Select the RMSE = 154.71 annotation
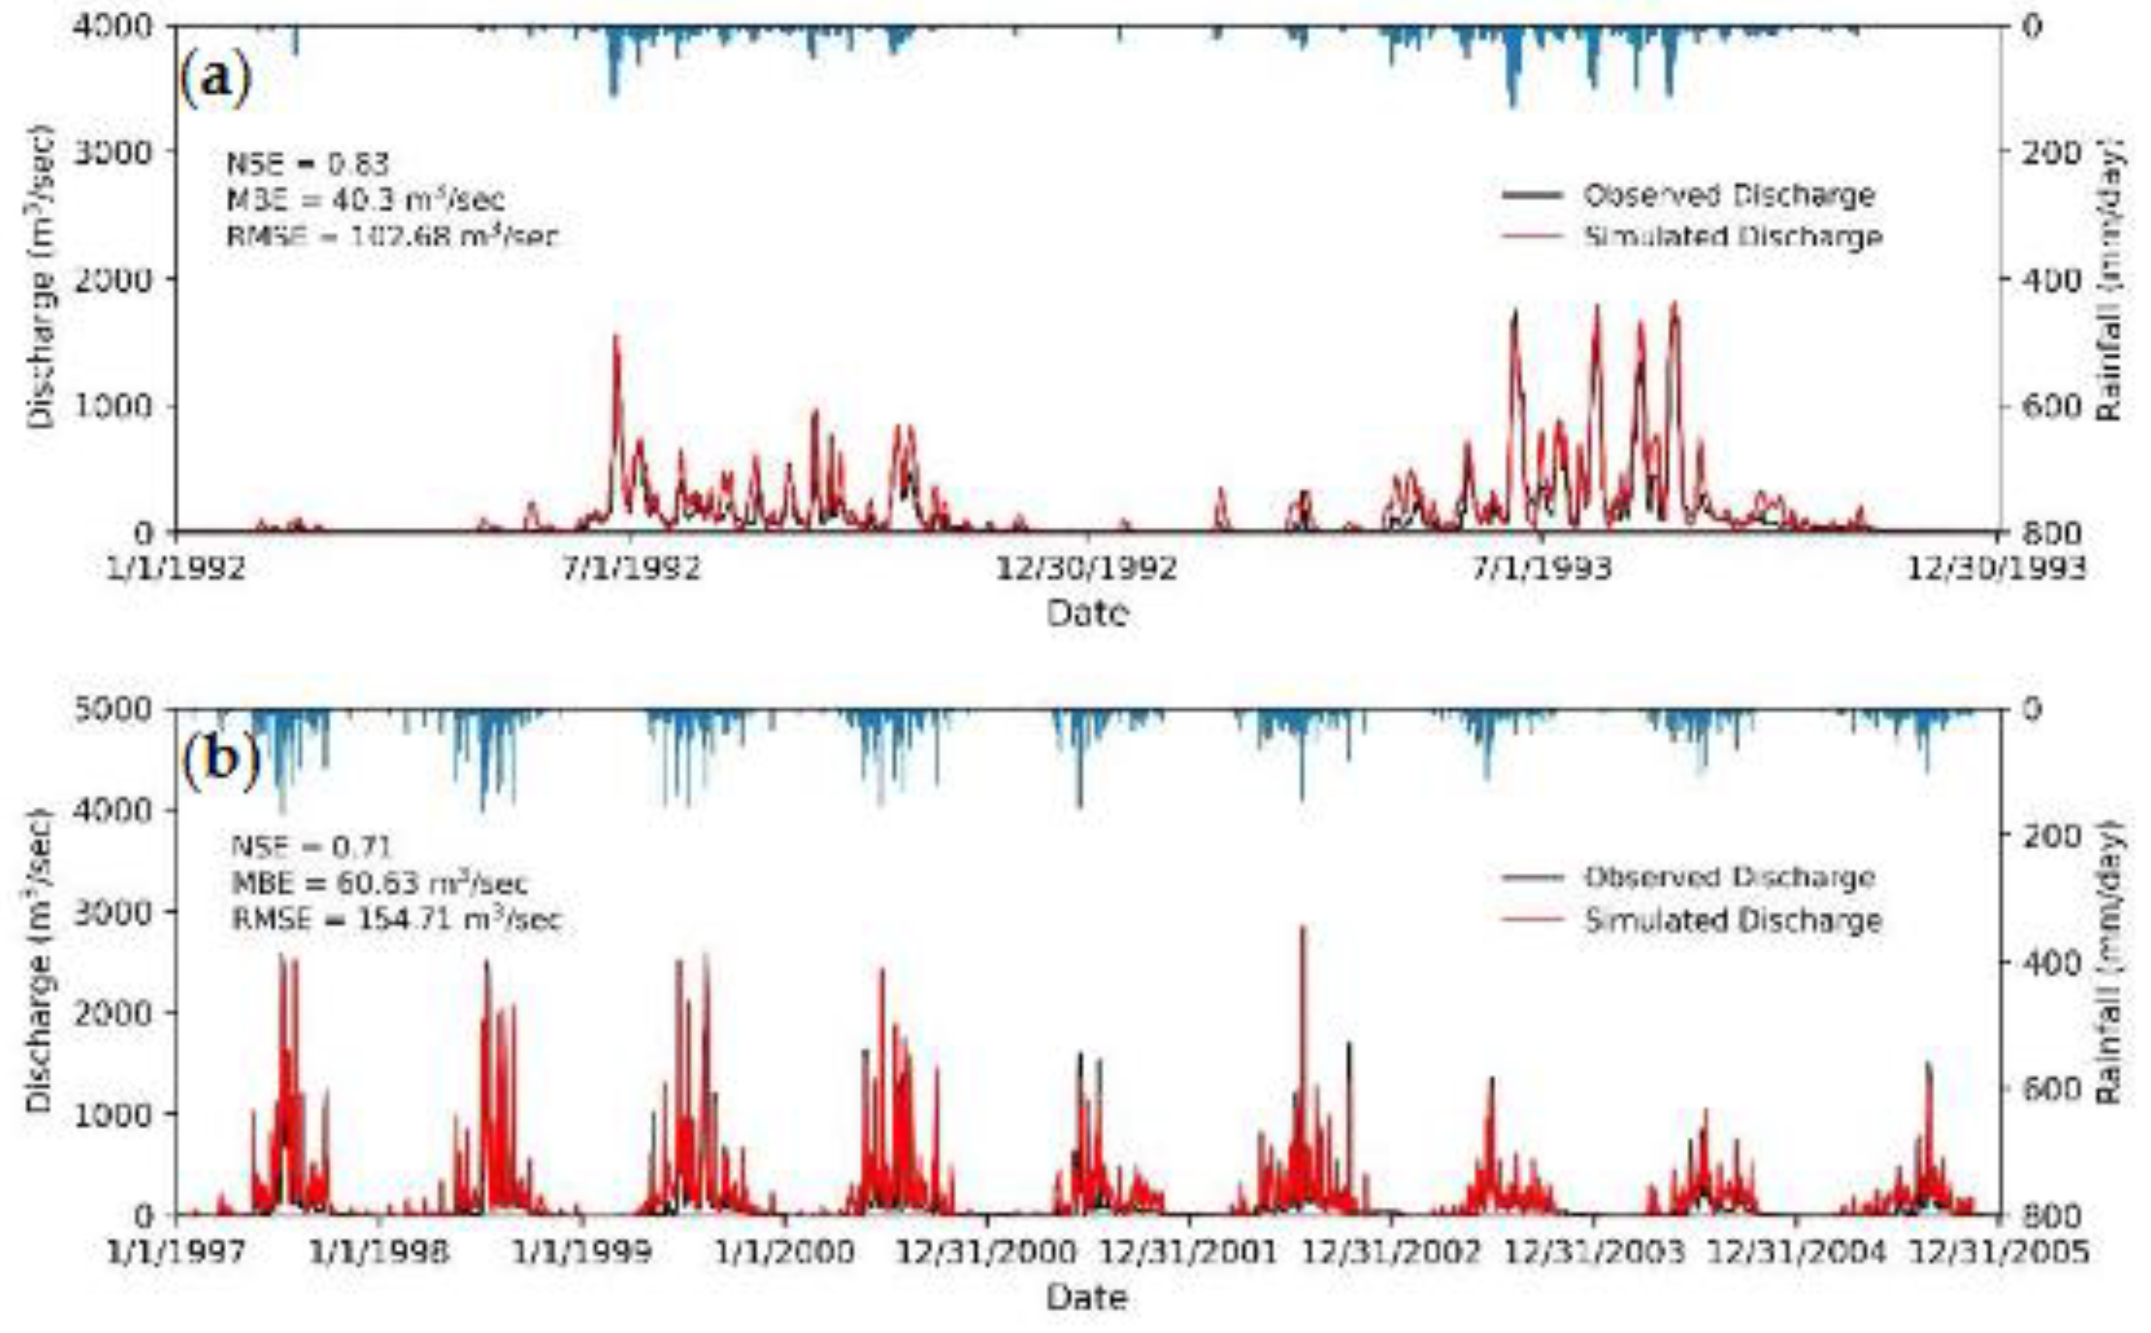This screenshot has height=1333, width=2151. pyautogui.click(x=396, y=919)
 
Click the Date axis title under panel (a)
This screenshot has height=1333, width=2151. pyautogui.click(x=1086, y=612)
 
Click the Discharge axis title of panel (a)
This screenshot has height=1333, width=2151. pyautogui.click(x=40, y=278)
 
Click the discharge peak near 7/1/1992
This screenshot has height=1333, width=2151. pyautogui.click(x=616, y=337)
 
